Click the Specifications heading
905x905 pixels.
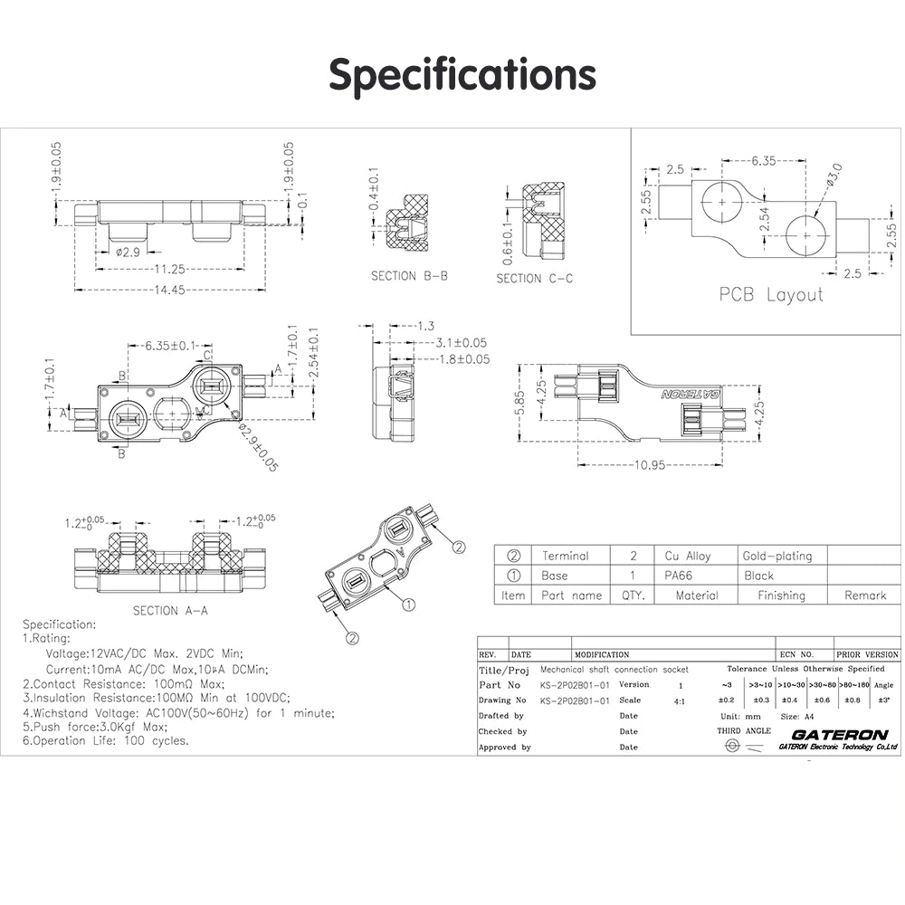(462, 74)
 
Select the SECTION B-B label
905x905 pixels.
(408, 276)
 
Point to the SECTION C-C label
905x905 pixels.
(534, 279)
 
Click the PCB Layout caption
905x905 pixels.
(771, 294)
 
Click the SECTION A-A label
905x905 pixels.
(170, 610)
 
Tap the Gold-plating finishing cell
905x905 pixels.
(777, 556)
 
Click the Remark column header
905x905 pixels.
(865, 595)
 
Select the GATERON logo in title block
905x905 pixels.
(838, 735)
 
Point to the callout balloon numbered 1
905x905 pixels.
(408, 604)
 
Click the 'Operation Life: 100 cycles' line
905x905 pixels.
(106, 740)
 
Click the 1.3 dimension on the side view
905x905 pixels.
(427, 326)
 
